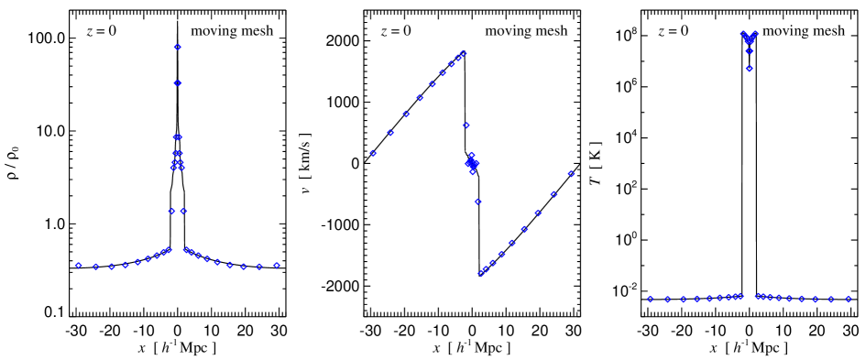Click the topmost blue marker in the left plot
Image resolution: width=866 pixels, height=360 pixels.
tap(177, 47)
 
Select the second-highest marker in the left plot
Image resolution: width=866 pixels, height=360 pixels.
tap(177, 83)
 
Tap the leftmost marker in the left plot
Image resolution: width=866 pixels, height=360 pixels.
tap(78, 265)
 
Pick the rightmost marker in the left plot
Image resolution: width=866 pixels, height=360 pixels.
tap(276, 265)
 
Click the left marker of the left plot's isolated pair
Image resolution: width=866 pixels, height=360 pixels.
tap(171, 211)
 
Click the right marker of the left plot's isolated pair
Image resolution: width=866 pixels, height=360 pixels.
tap(183, 211)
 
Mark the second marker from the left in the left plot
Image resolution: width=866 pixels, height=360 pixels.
tap(95, 267)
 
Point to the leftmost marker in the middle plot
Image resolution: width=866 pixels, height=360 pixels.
tap(373, 153)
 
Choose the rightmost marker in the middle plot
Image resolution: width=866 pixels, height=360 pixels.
tap(571, 173)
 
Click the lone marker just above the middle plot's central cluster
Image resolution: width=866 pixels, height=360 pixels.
tap(466, 125)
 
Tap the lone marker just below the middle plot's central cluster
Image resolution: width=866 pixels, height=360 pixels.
tap(477, 201)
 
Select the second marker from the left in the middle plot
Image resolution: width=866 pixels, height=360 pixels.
tap(390, 133)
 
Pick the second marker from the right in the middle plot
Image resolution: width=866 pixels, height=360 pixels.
tap(554, 194)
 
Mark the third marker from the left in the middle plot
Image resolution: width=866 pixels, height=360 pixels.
tap(406, 114)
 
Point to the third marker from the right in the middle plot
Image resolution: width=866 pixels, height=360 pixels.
tap(538, 213)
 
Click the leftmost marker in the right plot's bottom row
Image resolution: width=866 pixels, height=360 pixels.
tap(650, 299)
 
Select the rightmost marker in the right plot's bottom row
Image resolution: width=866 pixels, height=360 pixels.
tap(849, 299)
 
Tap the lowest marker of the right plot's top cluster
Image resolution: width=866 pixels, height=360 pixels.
tap(749, 69)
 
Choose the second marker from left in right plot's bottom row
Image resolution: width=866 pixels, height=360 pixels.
tap(667, 300)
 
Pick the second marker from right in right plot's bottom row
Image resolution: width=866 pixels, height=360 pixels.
tap(831, 300)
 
